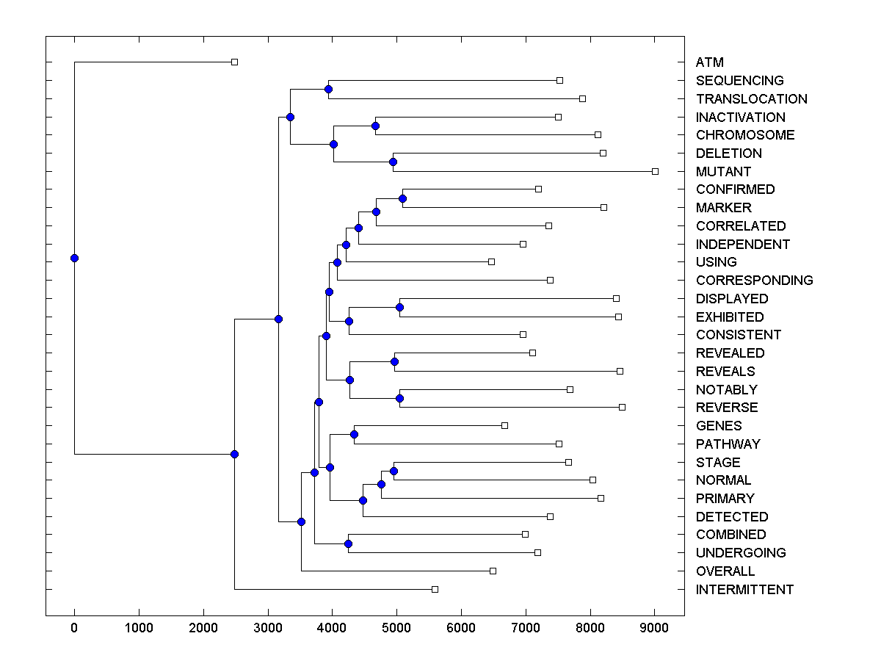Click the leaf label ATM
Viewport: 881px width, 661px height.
tap(709, 62)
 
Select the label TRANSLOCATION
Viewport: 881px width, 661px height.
tap(751, 99)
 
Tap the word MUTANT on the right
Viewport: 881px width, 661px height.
tap(723, 172)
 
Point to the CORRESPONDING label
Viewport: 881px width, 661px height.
tap(754, 281)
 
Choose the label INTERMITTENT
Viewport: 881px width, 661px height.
tap(744, 590)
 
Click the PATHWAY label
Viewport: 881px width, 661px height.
tap(728, 444)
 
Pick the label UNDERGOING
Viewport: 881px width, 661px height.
tap(741, 553)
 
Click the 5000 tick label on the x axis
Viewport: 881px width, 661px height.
tap(396, 628)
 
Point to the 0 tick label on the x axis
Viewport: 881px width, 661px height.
tap(74, 628)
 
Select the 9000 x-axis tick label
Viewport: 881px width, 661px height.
tap(654, 628)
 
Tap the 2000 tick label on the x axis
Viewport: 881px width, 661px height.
tap(203, 628)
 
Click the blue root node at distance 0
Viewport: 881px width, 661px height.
tap(74, 258)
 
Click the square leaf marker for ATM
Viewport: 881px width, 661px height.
tap(234, 62)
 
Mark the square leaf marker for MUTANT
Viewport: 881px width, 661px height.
tap(655, 171)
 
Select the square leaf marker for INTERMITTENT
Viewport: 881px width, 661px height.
tap(435, 589)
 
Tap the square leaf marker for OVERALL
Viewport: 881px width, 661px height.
tap(493, 571)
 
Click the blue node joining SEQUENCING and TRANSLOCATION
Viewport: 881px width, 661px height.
tap(328, 89)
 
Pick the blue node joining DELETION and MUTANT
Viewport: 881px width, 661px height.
tap(393, 162)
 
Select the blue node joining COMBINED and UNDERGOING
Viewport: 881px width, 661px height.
tap(348, 543)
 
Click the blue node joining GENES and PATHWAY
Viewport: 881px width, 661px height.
tap(354, 434)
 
